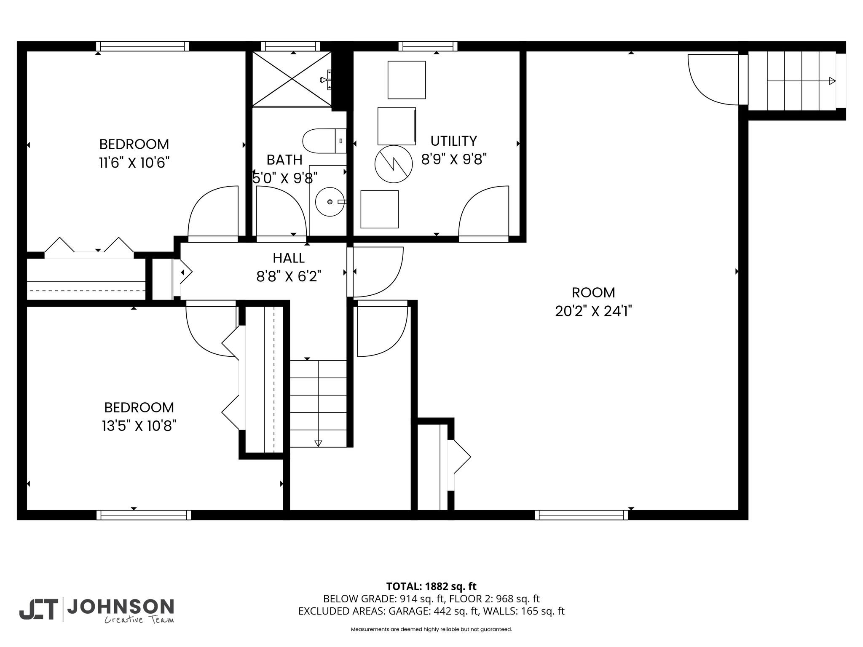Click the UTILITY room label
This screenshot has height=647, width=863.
tap(453, 141)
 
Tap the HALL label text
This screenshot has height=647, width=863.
tap(289, 258)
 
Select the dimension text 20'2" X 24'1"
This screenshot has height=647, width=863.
tap(593, 311)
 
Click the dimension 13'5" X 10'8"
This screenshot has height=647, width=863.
tap(139, 426)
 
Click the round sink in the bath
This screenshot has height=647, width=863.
tap(330, 202)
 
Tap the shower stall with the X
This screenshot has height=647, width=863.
tap(292, 79)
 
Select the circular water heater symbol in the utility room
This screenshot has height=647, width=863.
tap(394, 164)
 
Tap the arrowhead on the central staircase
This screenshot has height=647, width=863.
tap(318, 443)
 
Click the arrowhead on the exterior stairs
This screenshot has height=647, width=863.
tap(832, 81)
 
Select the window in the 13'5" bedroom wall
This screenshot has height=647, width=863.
tap(144, 515)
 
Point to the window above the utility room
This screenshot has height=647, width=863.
tap(428, 46)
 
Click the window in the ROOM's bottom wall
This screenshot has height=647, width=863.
tap(582, 515)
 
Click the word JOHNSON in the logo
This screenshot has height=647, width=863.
tap(121, 607)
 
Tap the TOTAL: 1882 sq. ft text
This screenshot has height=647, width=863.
tap(431, 586)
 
